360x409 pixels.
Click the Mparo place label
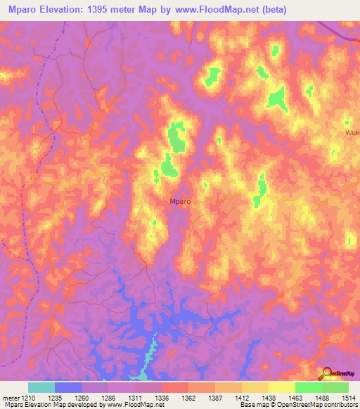181,202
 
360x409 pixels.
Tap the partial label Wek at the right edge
352,132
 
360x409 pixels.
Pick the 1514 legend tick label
349,397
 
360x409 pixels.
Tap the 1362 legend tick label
188,397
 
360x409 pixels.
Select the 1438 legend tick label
269,397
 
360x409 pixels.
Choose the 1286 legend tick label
108,397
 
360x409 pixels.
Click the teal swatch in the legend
41,387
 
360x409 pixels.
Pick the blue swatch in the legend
68,387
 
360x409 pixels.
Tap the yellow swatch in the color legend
282,387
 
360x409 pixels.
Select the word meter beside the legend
9,397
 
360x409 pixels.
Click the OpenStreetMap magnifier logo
328,372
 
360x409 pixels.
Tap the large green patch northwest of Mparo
176,137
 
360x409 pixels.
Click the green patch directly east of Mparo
262,188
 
